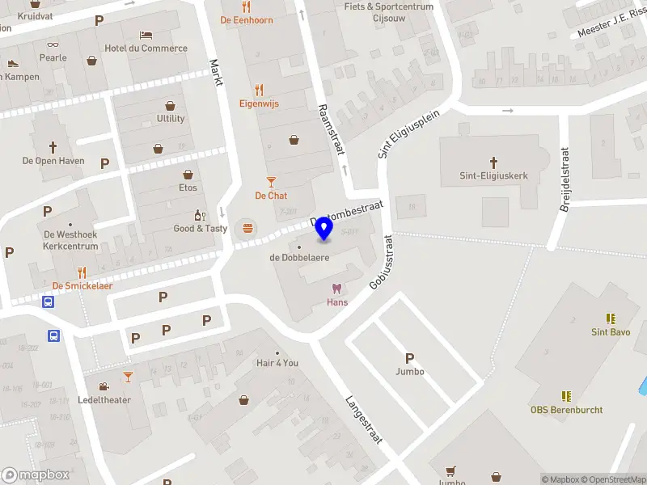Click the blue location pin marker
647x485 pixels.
pyautogui.click(x=324, y=230)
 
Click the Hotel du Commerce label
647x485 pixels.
pyautogui.click(x=146, y=48)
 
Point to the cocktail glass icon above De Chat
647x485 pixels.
pyautogui.click(x=271, y=183)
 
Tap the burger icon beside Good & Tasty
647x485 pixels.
pyautogui.click(x=247, y=229)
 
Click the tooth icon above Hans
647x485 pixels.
pyautogui.click(x=337, y=289)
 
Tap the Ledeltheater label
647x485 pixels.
pyautogui.click(x=104, y=400)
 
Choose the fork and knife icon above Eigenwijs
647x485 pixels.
pyautogui.click(x=258, y=90)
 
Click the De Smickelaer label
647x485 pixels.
pyautogui.click(x=82, y=285)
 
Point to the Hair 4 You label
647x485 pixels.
pyautogui.click(x=277, y=363)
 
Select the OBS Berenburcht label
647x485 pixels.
pyautogui.click(x=566, y=409)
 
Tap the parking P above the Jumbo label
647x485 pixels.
pyautogui.click(x=409, y=358)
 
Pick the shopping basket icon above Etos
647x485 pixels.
pyautogui.click(x=188, y=175)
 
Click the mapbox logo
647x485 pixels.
pyautogui.click(x=36, y=474)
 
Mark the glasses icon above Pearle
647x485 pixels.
pyautogui.click(x=53, y=45)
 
